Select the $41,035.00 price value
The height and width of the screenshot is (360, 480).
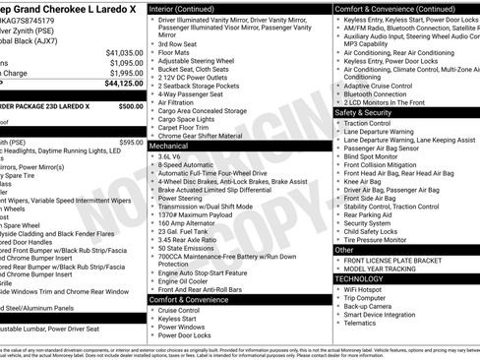[123, 51]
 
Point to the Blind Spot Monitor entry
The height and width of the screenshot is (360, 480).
[371, 156]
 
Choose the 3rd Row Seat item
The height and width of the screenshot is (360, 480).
[178, 44]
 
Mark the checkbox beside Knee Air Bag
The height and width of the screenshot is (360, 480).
[338, 182]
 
